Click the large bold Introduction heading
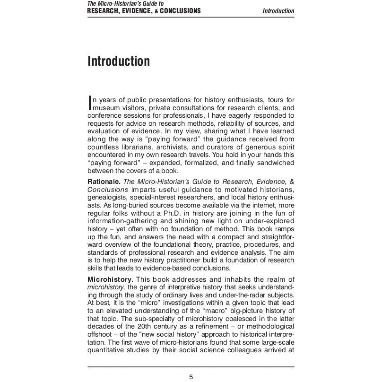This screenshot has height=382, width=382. (119, 61)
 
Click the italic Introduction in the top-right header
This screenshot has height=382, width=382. (278, 11)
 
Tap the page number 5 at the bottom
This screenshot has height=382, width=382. (191, 377)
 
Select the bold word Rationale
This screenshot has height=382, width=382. (104, 182)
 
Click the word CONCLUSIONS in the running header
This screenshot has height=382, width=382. (180, 11)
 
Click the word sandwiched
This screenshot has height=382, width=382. (274, 163)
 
